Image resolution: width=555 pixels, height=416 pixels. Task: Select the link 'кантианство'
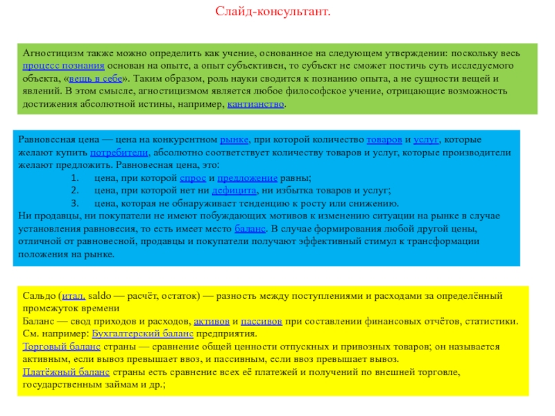click(255, 105)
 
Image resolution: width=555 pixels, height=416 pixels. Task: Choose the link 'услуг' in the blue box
click(425, 140)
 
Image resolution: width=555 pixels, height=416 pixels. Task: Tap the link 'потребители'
click(119, 153)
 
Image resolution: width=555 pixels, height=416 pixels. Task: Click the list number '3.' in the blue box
click(76, 204)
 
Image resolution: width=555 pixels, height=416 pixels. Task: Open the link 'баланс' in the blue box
click(250, 229)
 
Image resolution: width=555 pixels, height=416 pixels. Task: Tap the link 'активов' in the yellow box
click(211, 322)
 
